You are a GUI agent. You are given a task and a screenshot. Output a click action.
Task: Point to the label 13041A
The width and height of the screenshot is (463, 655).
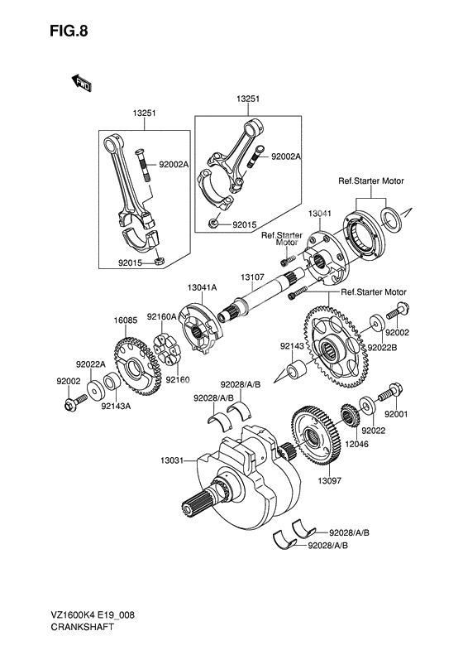(201, 287)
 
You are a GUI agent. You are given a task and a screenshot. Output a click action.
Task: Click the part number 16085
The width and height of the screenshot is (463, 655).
(125, 318)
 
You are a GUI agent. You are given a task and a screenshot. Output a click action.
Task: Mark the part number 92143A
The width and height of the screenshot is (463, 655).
(116, 406)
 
